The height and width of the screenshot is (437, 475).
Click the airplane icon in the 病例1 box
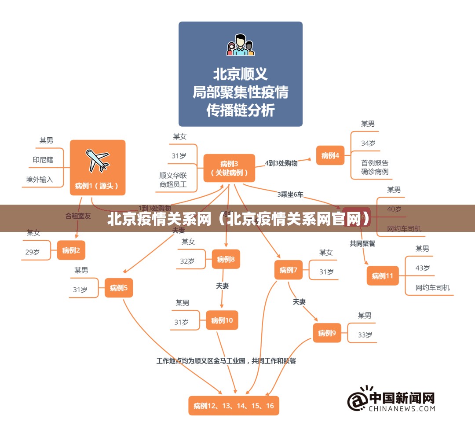98,161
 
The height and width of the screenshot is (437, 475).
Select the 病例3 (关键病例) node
229,168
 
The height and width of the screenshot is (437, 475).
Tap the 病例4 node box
330,155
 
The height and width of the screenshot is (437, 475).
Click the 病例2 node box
71,250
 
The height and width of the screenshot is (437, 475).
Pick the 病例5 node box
119,288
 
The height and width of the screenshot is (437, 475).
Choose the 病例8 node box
226,259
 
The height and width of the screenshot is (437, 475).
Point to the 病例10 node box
222,320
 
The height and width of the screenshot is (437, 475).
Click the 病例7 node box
289,270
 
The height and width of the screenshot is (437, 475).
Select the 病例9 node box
327,333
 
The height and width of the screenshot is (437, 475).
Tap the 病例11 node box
383,276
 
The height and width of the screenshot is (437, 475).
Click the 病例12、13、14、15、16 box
234,405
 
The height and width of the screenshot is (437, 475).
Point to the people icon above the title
241,45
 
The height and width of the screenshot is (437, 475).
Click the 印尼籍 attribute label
43,160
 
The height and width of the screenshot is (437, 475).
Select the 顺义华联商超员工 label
173,180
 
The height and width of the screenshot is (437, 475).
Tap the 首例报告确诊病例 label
375,167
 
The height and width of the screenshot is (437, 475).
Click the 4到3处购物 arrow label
281,163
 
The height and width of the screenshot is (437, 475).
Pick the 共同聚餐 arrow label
362,243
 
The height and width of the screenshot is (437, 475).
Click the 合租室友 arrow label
78,216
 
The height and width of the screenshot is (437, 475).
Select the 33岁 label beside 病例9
365,334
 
